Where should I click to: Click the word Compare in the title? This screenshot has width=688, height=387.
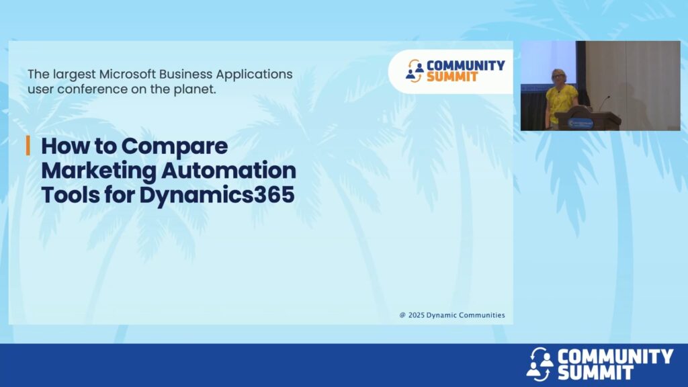tap(175, 146)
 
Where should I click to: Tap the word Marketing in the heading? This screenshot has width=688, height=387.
tap(99, 171)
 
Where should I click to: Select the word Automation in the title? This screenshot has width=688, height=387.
tap(228, 170)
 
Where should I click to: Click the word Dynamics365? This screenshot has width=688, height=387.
tap(217, 196)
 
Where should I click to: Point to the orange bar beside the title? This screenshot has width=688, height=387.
tap(28, 145)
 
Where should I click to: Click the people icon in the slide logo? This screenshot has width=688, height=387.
tap(414, 71)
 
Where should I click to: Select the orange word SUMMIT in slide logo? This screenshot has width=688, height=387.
tap(451, 77)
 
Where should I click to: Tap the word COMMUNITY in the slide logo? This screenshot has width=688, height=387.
tap(466, 65)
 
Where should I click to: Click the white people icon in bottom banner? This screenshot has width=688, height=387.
tap(540, 364)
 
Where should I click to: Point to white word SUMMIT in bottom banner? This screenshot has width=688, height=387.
tap(595, 372)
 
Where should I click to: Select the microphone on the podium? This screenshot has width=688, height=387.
tap(604, 103)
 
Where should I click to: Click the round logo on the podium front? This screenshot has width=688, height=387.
tap(580, 124)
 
